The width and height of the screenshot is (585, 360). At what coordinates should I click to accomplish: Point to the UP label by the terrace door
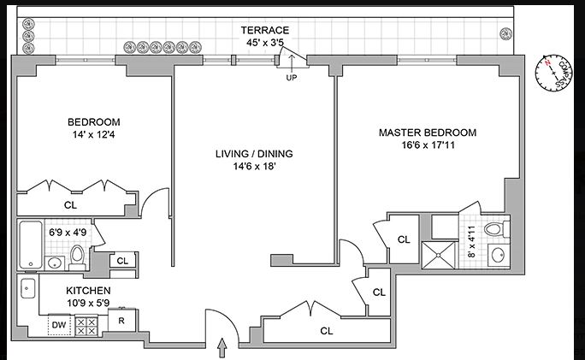(292, 79)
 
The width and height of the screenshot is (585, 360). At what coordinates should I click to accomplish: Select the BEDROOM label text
(96, 121)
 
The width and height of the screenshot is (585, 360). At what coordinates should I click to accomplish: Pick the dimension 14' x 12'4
(96, 134)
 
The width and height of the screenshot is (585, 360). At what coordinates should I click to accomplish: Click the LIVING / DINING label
(254, 154)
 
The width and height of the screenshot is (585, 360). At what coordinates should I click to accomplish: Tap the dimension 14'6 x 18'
(254, 167)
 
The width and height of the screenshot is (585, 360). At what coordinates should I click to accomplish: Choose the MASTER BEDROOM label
(428, 133)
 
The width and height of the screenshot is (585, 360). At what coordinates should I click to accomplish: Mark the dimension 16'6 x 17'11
(428, 145)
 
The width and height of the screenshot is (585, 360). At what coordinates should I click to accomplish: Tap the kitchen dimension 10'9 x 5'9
(89, 303)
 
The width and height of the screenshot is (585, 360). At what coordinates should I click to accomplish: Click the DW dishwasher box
(59, 325)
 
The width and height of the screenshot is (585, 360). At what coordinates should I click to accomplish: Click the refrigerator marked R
(122, 322)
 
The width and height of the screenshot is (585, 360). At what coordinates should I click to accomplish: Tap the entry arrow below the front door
(223, 346)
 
